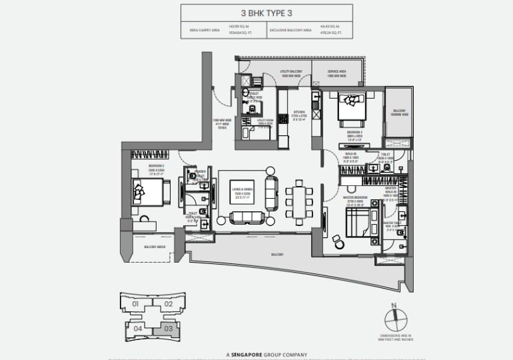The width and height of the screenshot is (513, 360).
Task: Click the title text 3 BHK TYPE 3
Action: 256,11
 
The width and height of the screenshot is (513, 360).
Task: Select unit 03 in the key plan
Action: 169,328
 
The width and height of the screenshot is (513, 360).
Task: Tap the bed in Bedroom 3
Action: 148,193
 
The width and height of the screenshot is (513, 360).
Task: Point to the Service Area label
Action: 338,74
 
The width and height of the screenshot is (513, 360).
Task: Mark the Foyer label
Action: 222,124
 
